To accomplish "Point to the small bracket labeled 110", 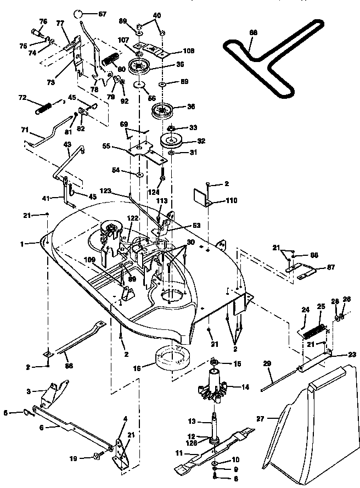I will [x=202, y=198].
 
